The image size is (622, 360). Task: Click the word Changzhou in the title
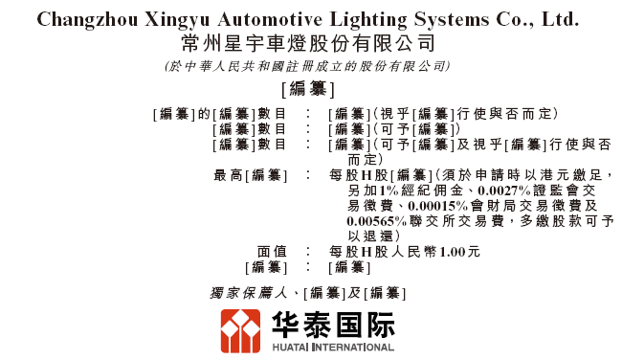88,20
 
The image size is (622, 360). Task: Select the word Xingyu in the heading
177,20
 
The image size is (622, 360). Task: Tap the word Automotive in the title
270,19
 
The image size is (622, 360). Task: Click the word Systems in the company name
452,20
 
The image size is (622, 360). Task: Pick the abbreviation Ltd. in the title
560,19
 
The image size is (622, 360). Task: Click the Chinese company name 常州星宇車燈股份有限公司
308,43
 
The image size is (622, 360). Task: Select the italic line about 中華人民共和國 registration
308,66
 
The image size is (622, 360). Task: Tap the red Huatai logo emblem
240,331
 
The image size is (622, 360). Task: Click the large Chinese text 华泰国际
333,326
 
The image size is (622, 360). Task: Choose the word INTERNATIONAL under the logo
353,348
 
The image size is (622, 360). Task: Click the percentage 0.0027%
504,191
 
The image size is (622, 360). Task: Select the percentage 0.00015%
438,206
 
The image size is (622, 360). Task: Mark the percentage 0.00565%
377,221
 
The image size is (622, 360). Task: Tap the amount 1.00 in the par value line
453,252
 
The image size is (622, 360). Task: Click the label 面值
272,252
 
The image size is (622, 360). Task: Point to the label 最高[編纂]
250,175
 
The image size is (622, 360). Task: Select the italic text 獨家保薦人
249,293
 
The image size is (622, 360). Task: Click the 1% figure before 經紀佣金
389,191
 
